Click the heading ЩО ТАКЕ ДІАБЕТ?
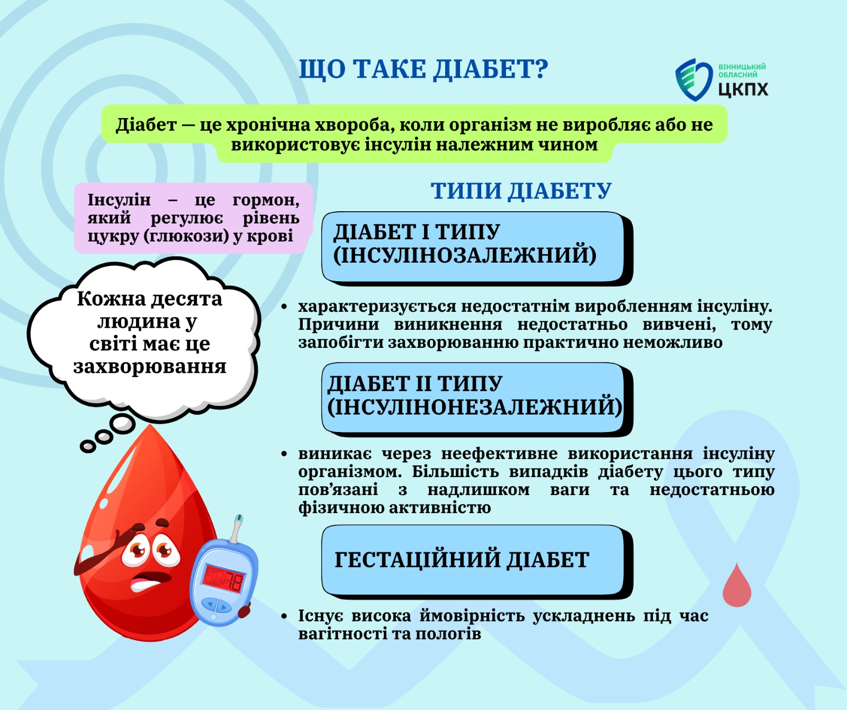pos(424,69)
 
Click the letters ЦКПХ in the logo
pos(743,89)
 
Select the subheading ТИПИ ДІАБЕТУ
pos(521,191)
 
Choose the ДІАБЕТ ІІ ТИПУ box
pos(477,400)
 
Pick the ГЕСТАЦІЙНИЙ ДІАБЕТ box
pos(477,562)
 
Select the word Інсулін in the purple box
pos(119,200)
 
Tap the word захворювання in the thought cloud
pos(150,366)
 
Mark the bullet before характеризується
pos(284,307)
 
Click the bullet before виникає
pos(284,454)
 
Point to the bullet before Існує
pos(284,616)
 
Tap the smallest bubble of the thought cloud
pos(88,447)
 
